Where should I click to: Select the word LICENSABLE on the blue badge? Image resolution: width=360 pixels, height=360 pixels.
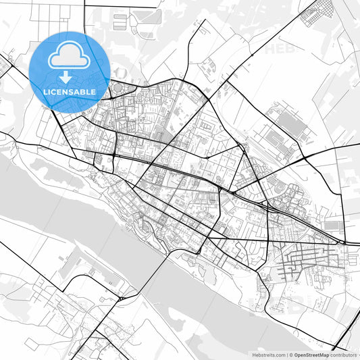point(70,92)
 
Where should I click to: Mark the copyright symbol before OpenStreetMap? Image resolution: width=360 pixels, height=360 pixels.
point(291,354)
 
